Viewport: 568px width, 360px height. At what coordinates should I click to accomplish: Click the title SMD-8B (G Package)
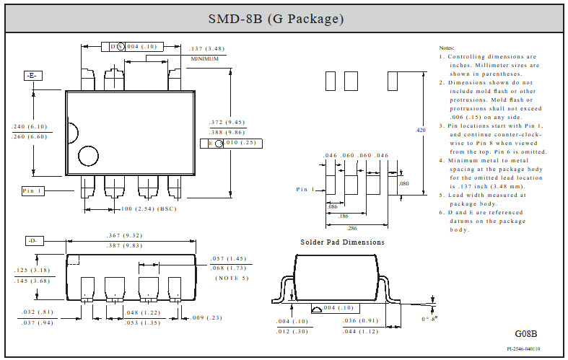pyautogui.click(x=276, y=19)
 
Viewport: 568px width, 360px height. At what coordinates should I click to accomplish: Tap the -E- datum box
pyautogui.click(x=32, y=76)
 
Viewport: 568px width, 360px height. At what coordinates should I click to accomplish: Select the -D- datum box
pyautogui.click(x=34, y=241)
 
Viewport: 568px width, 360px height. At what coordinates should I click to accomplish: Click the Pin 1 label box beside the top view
pyautogui.click(x=33, y=191)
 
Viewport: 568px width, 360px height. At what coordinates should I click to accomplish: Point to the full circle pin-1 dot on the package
pyautogui.click(x=88, y=156)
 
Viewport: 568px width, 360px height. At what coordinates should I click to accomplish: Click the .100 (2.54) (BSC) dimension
pyautogui.click(x=149, y=209)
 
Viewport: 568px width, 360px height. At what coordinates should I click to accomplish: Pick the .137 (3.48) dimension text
pyautogui.click(x=206, y=48)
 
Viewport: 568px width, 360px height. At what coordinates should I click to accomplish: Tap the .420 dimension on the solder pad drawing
pyautogui.click(x=420, y=130)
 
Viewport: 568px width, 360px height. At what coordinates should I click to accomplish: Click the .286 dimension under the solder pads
pyautogui.click(x=351, y=228)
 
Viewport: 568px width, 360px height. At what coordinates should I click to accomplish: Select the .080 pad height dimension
pyautogui.click(x=404, y=184)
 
